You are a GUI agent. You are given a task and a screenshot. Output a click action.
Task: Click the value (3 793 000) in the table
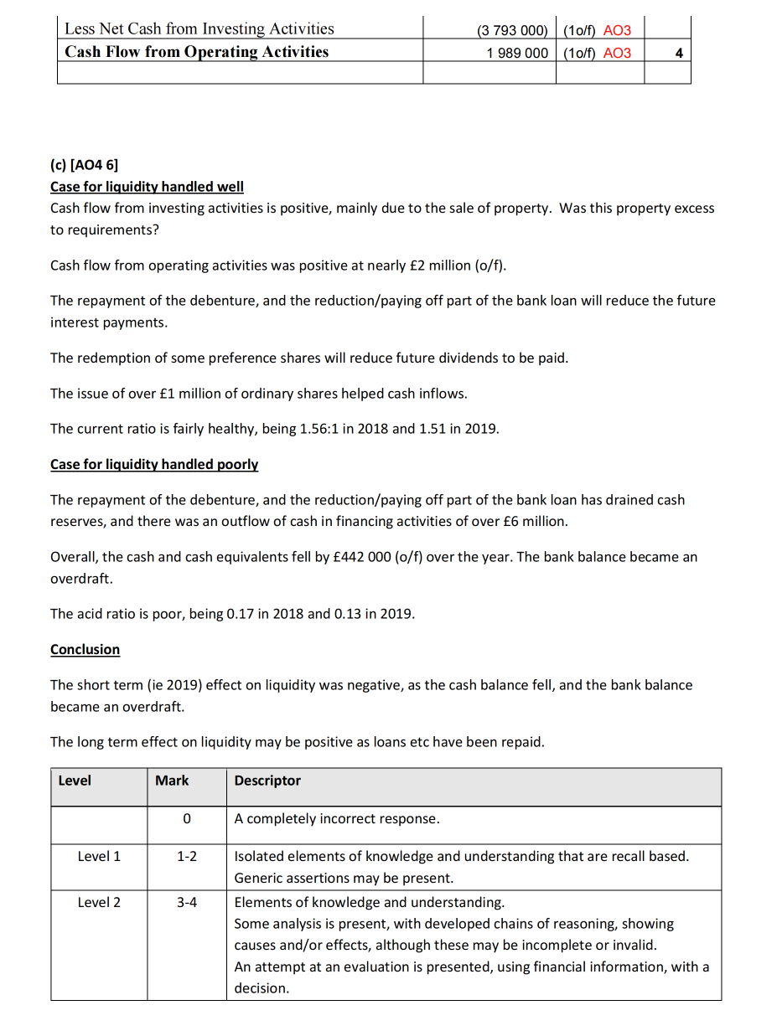click(x=512, y=30)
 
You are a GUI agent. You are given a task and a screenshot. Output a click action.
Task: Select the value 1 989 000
click(x=517, y=53)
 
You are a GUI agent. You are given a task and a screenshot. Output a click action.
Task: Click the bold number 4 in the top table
click(x=678, y=53)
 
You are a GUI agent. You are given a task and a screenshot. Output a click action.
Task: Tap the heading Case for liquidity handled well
click(x=147, y=187)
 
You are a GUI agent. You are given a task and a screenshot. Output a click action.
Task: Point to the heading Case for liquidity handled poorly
click(x=154, y=464)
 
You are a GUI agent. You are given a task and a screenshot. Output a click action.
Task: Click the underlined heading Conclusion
click(x=85, y=649)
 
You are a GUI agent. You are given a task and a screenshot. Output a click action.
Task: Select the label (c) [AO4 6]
click(x=85, y=164)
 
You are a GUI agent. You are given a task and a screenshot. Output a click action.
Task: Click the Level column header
click(x=75, y=781)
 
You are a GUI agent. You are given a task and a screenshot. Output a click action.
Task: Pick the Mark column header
click(x=172, y=781)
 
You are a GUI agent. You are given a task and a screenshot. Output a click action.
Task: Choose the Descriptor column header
click(x=267, y=781)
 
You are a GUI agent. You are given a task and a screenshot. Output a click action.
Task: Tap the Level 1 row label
click(x=99, y=856)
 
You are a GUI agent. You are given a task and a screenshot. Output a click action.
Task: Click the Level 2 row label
click(x=99, y=902)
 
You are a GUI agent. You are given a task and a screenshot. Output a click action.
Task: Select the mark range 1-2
click(x=187, y=856)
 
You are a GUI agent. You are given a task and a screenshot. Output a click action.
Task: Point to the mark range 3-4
click(x=187, y=902)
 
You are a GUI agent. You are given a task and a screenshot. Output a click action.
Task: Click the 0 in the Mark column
click(x=187, y=818)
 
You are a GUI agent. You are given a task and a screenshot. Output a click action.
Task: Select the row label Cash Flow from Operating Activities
click(x=197, y=52)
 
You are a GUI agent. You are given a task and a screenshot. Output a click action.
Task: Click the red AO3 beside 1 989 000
click(x=617, y=53)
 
